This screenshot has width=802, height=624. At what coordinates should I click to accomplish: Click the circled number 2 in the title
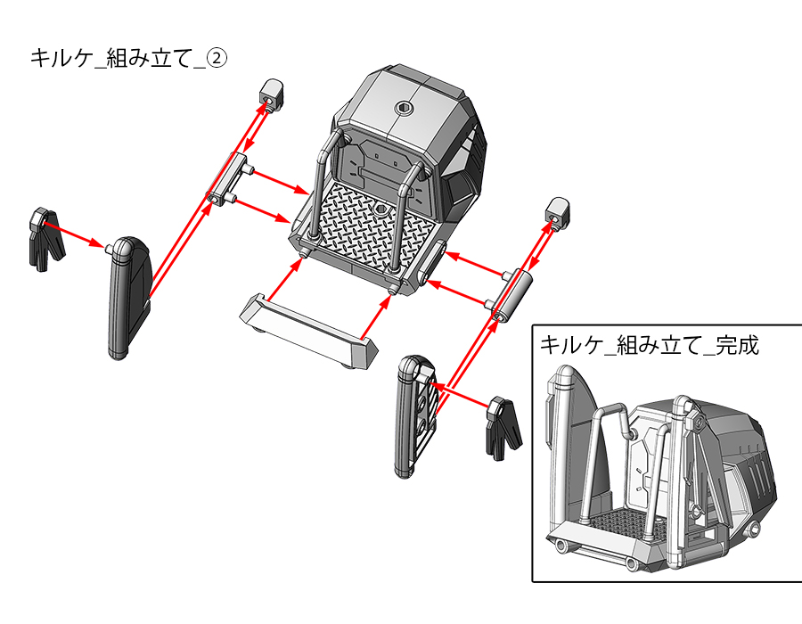point(217,58)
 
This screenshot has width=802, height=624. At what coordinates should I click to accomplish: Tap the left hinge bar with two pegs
point(228,178)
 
